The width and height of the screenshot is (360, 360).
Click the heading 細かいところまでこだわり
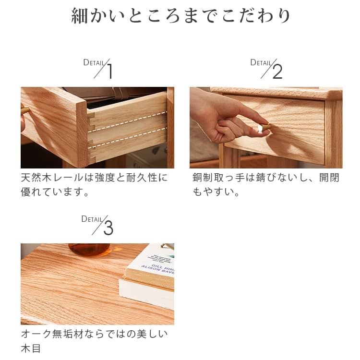click(x=180, y=16)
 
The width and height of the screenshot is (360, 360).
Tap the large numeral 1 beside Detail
click(x=110, y=71)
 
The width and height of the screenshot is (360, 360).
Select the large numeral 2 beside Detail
click(x=277, y=72)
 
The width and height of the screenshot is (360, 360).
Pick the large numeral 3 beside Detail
click(x=108, y=228)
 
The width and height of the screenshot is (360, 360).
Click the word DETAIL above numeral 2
click(x=261, y=62)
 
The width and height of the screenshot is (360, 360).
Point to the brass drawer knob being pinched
click(x=264, y=127)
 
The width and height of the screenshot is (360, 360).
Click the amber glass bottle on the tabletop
click(x=90, y=250)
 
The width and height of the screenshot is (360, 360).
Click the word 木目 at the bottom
click(x=31, y=348)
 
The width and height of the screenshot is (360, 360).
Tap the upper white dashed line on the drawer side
click(x=127, y=122)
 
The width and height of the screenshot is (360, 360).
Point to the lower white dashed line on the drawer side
click(x=127, y=138)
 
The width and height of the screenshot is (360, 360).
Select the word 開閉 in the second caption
click(x=329, y=178)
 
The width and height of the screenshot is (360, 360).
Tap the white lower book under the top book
click(x=146, y=293)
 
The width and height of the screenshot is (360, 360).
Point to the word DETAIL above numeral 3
click(x=92, y=219)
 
